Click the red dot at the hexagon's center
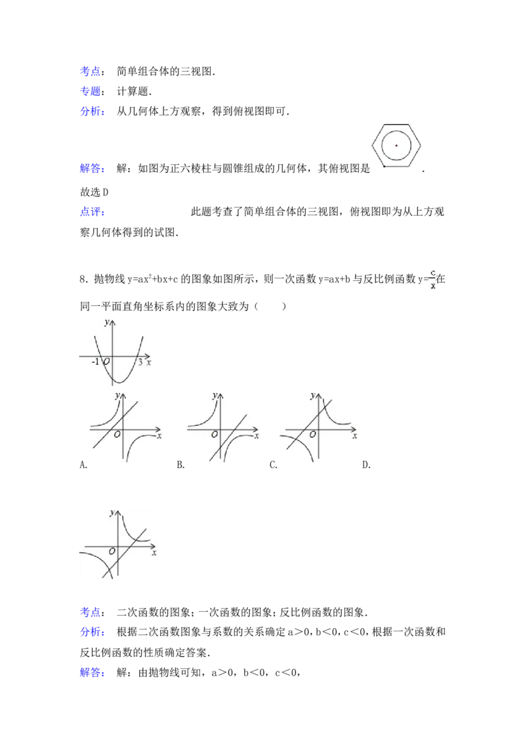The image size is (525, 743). click(x=396, y=145)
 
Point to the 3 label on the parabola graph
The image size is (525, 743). click(x=140, y=362)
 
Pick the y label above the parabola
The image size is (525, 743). click(x=106, y=322)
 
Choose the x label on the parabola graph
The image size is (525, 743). click(x=149, y=362)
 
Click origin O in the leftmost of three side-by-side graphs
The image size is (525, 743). click(x=117, y=435)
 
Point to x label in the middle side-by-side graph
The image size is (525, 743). click(x=257, y=435)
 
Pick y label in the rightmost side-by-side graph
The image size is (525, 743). click(x=312, y=395)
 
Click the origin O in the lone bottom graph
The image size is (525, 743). click(x=112, y=551)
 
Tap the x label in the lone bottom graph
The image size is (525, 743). click(x=154, y=553)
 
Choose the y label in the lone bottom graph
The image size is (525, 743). click(x=112, y=512)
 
